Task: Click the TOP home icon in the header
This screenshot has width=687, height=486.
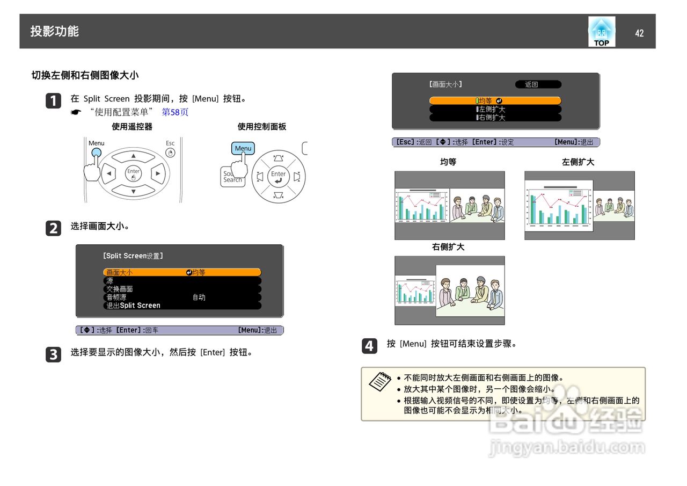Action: point(601,32)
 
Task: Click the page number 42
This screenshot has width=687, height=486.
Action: point(639,33)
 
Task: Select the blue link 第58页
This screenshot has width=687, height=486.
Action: point(175,112)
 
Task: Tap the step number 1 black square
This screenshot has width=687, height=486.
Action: point(53,101)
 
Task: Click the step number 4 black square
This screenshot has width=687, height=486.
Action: point(369,346)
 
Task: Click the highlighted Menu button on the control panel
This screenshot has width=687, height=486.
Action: point(243,149)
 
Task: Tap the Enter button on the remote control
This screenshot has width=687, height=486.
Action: point(133,173)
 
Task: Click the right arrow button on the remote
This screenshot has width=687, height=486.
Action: point(158,173)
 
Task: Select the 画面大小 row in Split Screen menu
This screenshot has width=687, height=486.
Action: point(181,272)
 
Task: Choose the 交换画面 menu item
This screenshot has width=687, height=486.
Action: point(181,289)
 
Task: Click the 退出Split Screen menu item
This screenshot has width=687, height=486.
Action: point(181,305)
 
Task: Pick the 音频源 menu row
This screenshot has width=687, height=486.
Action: point(181,297)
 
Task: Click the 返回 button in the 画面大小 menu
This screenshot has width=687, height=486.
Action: point(537,84)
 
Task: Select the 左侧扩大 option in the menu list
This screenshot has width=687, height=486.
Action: point(495,109)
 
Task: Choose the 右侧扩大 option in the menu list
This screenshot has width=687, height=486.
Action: point(495,117)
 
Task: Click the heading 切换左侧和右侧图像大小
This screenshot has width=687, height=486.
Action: point(85,75)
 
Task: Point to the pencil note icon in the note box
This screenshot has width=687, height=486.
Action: point(380,381)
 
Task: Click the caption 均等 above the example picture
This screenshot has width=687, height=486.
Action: point(448,162)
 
